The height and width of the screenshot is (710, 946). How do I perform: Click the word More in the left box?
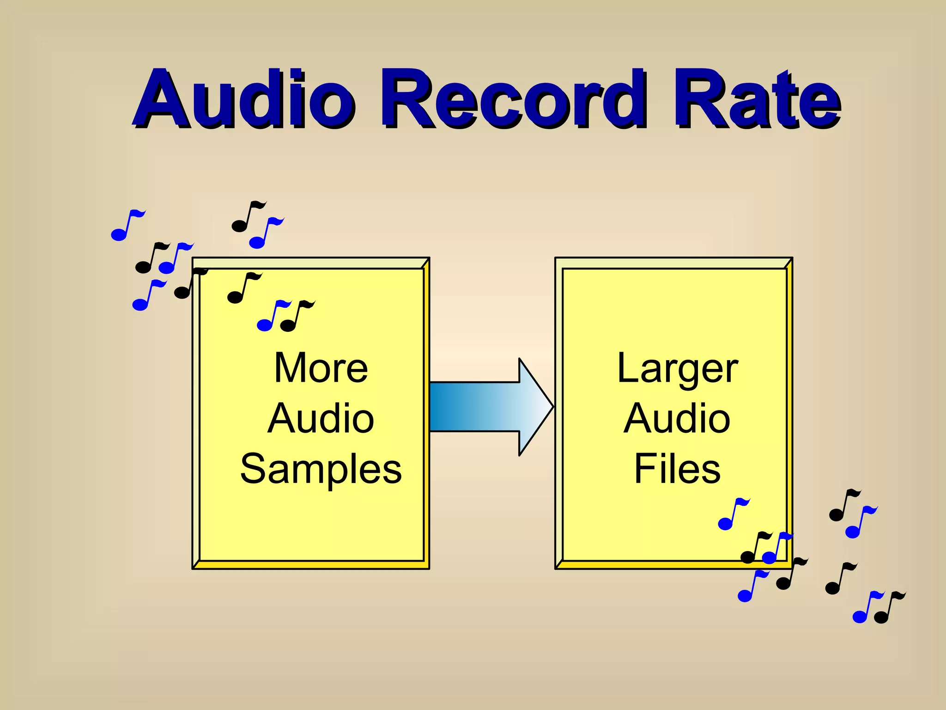321,368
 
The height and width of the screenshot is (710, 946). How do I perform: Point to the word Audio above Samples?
321,418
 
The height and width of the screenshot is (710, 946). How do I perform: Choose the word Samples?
321,469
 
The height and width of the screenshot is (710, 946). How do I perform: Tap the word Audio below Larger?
677,418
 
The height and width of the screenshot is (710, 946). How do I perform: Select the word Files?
677,469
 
